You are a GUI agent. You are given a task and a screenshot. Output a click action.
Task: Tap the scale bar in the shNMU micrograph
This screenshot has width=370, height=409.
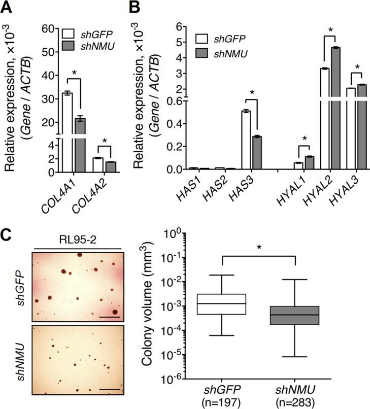click(107, 389)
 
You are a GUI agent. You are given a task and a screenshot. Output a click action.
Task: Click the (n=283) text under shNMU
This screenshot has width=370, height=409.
click(295, 403)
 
